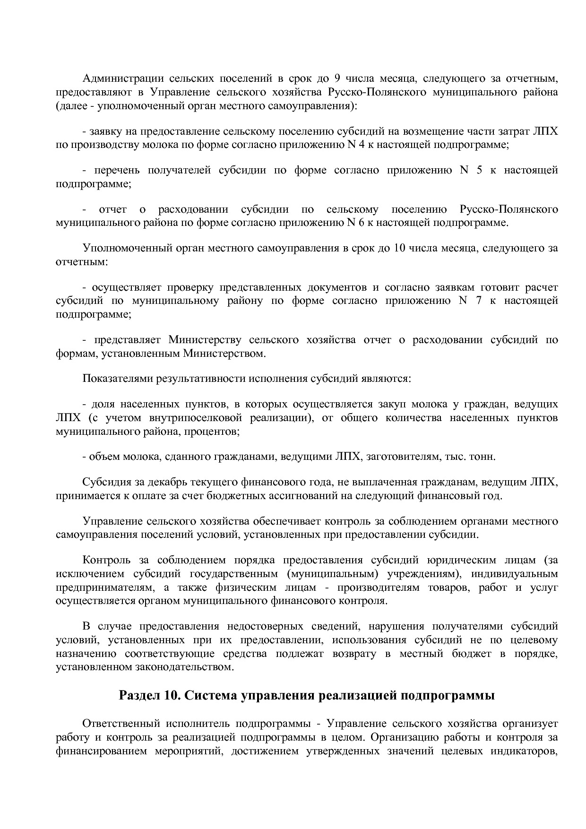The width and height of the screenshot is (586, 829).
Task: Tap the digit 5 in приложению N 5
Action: (479, 170)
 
